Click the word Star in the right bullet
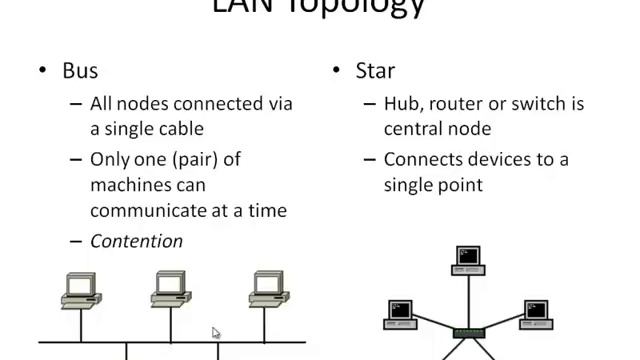(x=375, y=72)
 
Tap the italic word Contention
(x=136, y=241)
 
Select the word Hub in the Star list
(x=405, y=104)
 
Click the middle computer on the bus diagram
(x=171, y=289)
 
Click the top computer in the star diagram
(x=468, y=258)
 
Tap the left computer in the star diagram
(x=401, y=313)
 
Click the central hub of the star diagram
(x=468, y=331)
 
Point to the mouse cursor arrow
(x=216, y=332)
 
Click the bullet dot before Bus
(x=43, y=72)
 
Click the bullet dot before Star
(x=337, y=72)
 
